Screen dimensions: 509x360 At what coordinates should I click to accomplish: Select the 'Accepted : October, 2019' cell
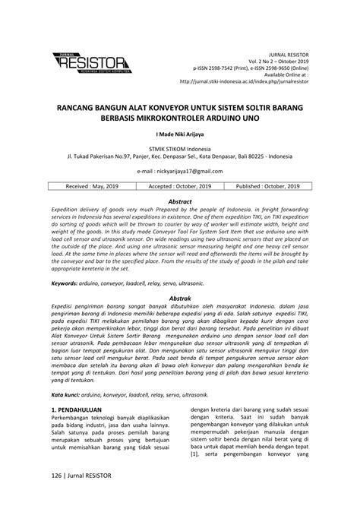(x=180, y=185)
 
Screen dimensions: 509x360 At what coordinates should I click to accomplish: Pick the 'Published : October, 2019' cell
(x=268, y=185)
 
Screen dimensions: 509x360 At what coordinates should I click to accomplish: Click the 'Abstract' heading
(x=180, y=201)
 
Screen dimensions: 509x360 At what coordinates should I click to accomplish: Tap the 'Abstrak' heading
(x=180, y=299)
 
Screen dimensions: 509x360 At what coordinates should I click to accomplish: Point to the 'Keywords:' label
(x=67, y=283)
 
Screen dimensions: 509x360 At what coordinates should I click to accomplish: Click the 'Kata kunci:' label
(x=68, y=396)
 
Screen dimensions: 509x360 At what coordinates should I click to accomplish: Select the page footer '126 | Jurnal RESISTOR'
(x=82, y=476)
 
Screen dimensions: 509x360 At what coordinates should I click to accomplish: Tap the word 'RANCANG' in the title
(x=81, y=108)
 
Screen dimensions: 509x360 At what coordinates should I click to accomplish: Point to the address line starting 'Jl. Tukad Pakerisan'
(x=180, y=157)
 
